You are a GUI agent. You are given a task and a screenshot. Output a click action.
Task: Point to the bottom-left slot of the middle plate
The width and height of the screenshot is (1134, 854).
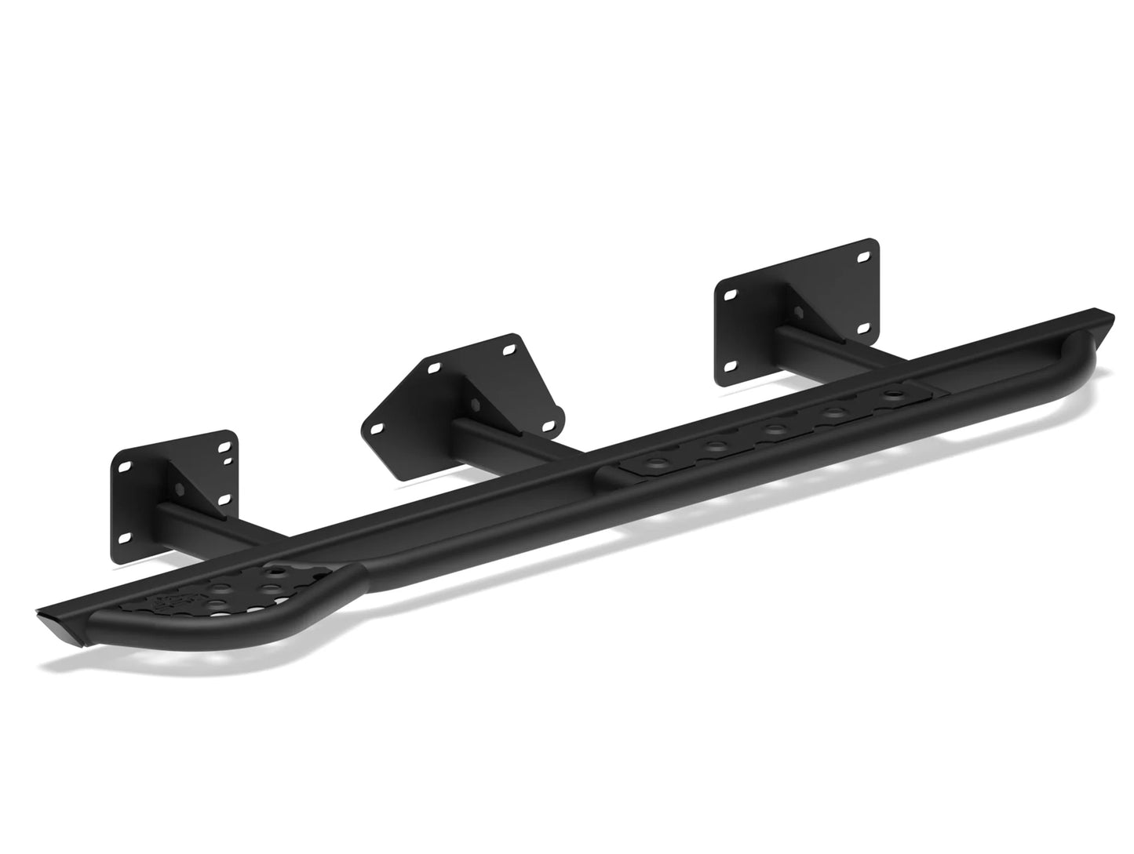pyautogui.click(x=375, y=428)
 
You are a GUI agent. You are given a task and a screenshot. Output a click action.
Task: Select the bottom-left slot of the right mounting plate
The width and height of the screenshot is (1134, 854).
pyautogui.click(x=731, y=365)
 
